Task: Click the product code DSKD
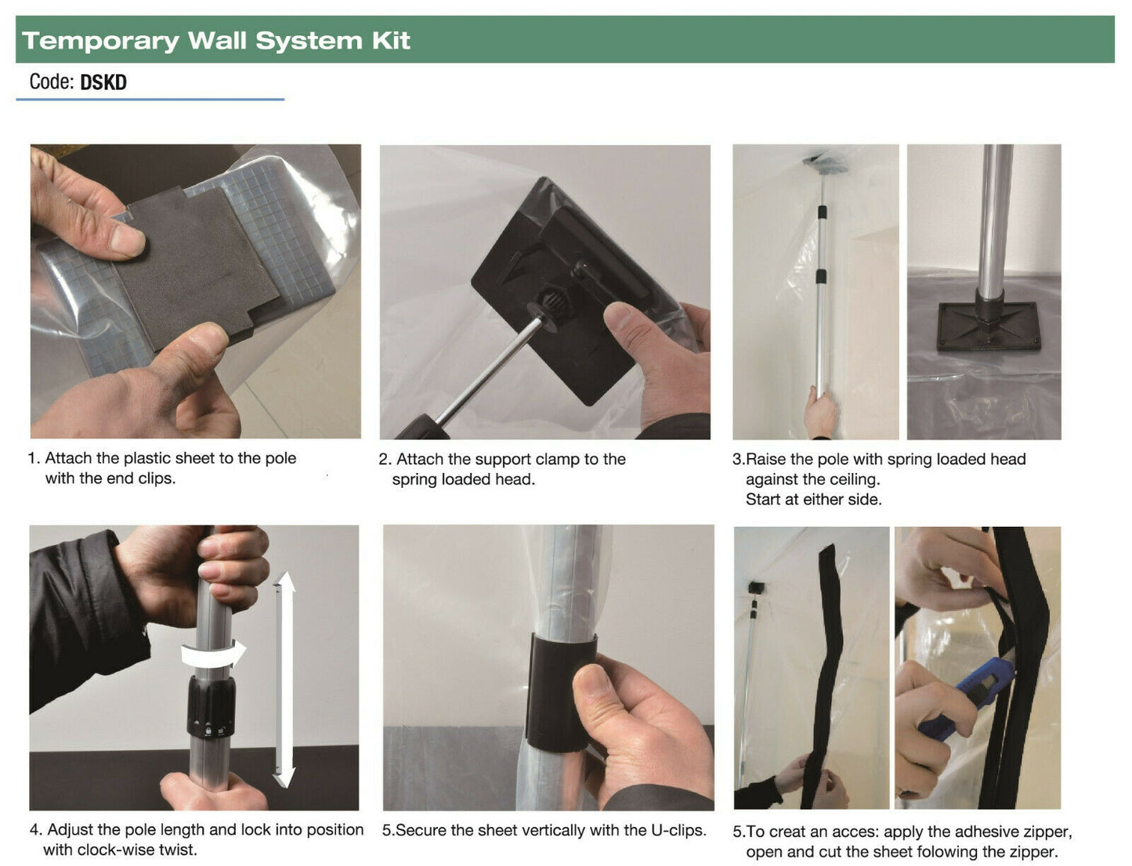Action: click(103, 82)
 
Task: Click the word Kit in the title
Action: click(391, 41)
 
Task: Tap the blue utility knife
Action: click(971, 696)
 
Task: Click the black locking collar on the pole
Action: click(211, 706)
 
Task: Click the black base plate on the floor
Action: click(988, 326)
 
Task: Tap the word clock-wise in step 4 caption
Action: click(119, 850)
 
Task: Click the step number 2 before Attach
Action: click(384, 460)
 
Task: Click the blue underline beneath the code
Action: click(150, 99)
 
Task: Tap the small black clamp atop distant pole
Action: click(756, 587)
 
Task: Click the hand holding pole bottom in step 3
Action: click(820, 413)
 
